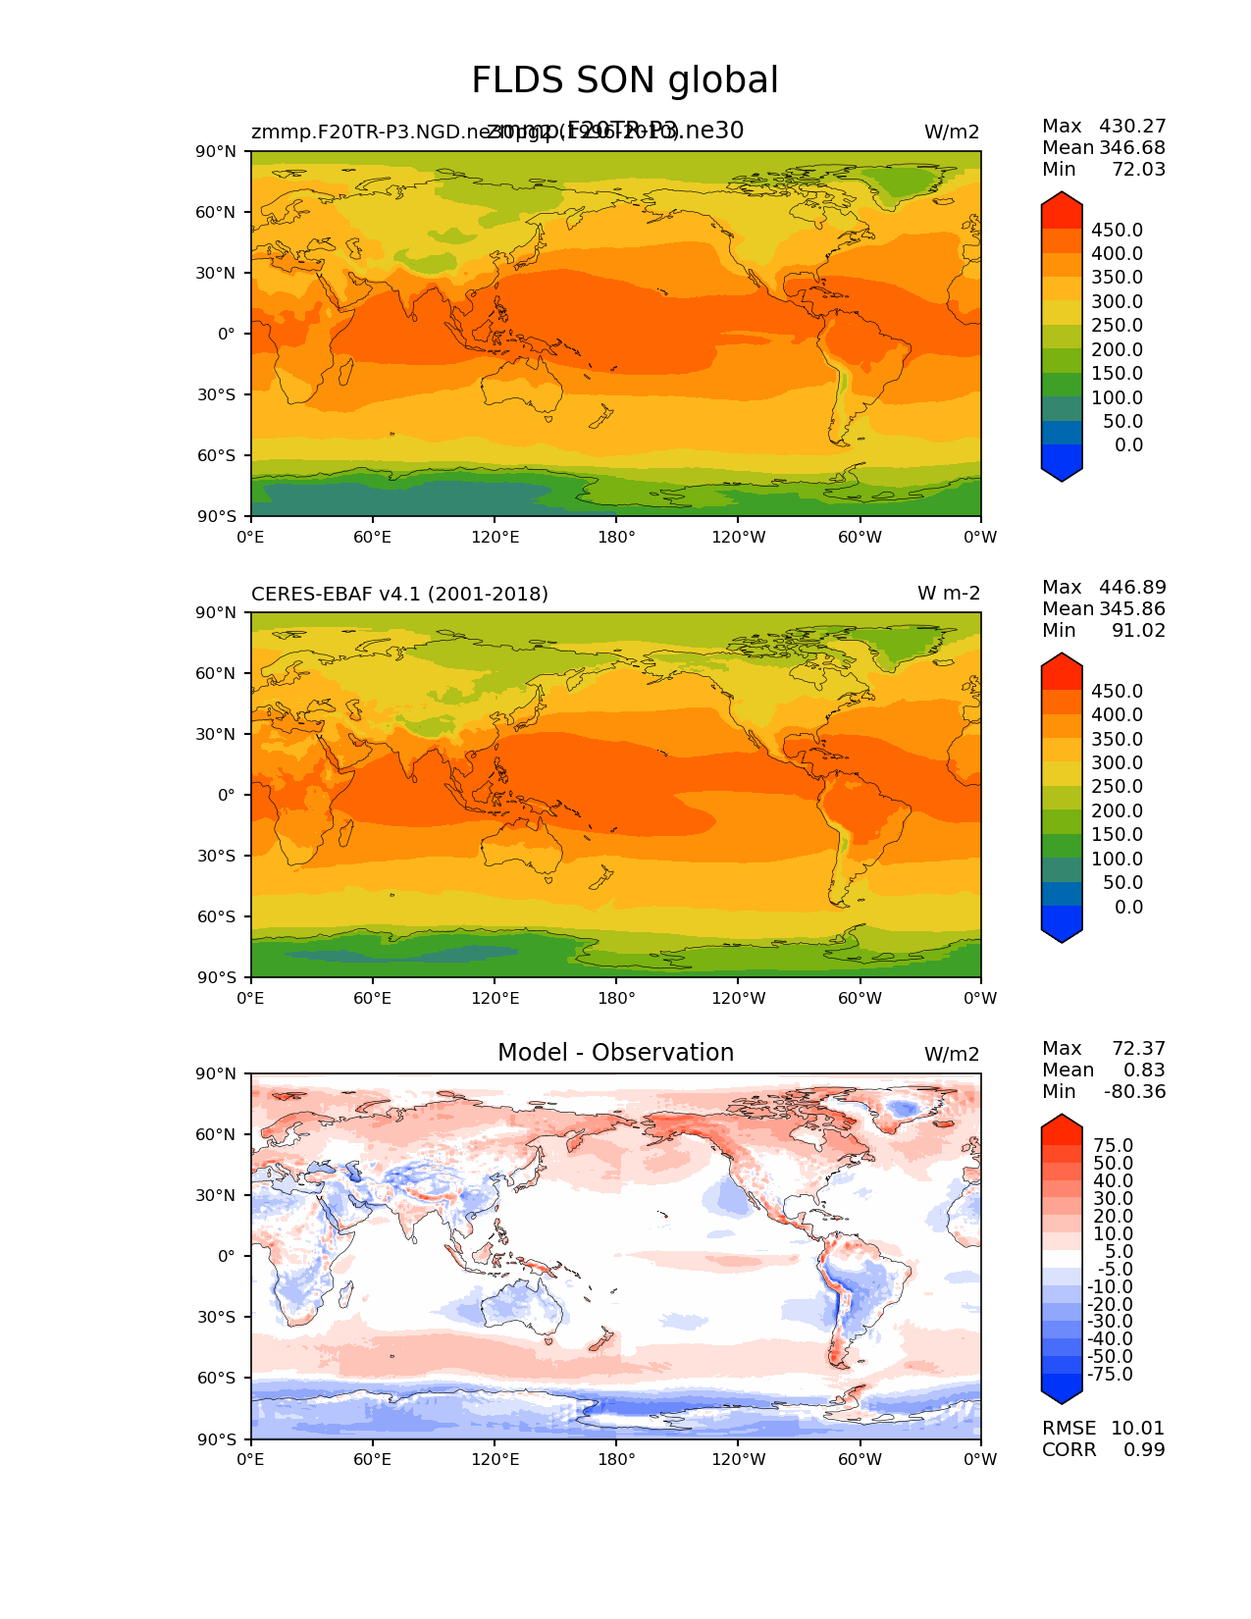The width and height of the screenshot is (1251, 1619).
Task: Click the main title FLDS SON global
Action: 625,80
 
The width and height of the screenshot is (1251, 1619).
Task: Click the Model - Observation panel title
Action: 615,1053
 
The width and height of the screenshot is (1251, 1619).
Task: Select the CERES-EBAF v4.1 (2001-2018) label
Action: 399,594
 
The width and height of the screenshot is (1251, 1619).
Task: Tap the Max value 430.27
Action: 1132,126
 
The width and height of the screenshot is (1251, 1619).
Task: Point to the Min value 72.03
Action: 1138,169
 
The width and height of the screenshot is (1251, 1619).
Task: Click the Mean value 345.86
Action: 1132,608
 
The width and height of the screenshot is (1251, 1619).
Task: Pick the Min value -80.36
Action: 1134,1091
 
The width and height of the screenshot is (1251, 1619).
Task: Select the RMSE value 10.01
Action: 1137,1428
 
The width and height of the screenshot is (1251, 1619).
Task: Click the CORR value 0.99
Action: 1144,1449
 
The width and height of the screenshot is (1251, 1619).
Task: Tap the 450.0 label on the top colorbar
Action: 1117,230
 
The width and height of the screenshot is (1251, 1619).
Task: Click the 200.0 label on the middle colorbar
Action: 1117,810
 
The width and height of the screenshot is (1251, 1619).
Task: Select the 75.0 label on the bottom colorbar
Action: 1114,1145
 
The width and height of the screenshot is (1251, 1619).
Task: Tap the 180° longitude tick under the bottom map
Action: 616,1459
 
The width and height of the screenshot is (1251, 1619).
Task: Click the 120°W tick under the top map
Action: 739,537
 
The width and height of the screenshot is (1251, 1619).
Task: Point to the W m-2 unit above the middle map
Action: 948,594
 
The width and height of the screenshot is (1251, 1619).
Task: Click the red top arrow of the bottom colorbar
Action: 1062,1128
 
